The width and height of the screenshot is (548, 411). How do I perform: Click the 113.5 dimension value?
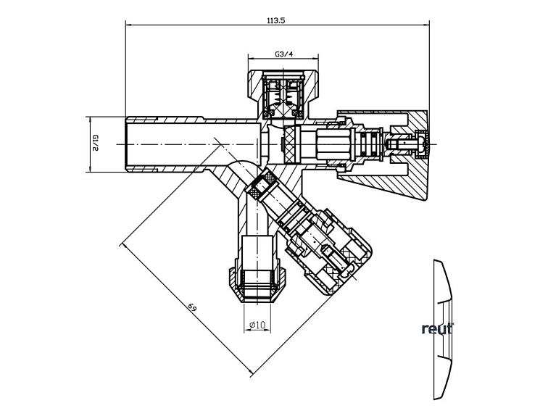[276, 20]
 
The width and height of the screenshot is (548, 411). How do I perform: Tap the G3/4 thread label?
[283, 54]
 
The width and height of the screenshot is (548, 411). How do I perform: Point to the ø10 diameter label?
[257, 325]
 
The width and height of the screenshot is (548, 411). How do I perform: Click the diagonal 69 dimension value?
[193, 308]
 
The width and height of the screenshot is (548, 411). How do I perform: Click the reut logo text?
[438, 328]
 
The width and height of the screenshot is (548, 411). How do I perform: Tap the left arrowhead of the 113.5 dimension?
[128, 25]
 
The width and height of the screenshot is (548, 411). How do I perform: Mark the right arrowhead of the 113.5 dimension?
[427, 25]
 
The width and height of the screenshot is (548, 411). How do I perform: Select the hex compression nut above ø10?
[257, 284]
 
